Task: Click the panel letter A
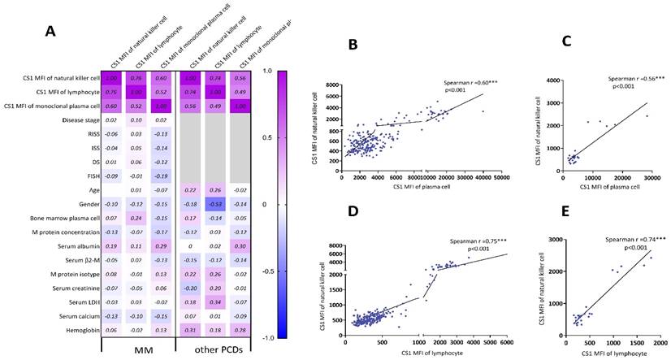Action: (x=51, y=31)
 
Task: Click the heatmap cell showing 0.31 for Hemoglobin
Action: (x=193, y=330)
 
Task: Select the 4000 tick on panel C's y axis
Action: (x=553, y=80)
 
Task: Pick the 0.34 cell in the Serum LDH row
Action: (x=218, y=302)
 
